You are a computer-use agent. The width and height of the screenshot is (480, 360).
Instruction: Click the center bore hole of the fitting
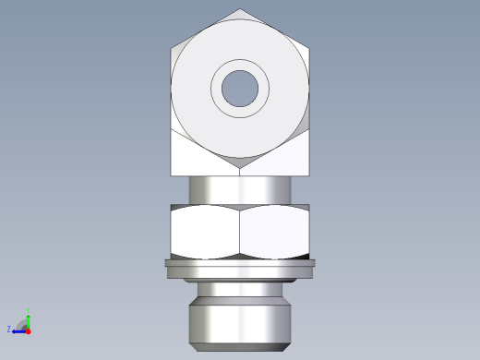point(240,88)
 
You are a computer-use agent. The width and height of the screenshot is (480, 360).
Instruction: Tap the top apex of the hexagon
point(240,10)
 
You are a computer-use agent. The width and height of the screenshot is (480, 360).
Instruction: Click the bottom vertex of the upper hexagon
point(240,167)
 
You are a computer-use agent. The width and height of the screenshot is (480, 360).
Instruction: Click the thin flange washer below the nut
point(240,269)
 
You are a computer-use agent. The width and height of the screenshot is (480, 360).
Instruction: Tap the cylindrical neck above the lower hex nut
point(240,188)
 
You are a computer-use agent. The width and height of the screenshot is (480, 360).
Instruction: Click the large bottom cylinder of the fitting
point(240,318)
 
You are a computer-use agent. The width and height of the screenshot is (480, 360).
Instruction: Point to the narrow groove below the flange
point(240,286)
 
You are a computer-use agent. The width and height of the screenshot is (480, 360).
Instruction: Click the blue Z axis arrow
point(18,329)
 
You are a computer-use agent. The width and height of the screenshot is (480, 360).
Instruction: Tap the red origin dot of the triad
point(28,330)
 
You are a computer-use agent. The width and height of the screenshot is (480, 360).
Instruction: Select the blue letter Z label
point(8,329)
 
